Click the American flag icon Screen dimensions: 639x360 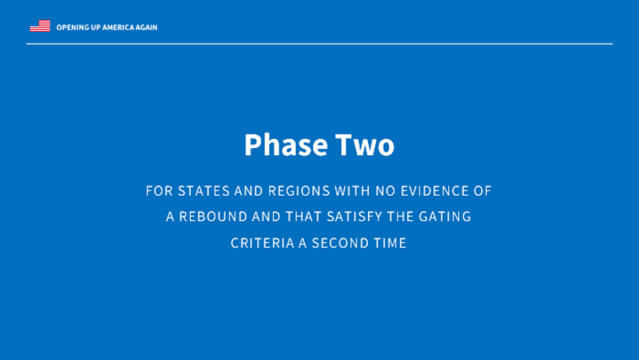tap(40, 26)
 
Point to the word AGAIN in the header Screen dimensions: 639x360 tap(147, 27)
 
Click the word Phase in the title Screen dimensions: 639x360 tap(286, 145)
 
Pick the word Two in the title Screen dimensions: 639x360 tap(365, 145)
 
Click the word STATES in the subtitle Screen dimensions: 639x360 tap(204, 191)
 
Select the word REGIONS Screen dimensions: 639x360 tap(299, 191)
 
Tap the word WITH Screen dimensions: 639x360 tap(352, 191)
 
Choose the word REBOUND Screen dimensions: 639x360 tap(213, 217)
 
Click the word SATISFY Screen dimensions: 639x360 tap(354, 217)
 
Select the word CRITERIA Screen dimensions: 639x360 tap(262, 243)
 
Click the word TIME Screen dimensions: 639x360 tap(391, 243)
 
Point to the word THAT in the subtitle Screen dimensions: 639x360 tap(304, 217)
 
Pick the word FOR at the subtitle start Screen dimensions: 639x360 tap(159, 191)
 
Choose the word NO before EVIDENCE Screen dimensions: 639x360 tap(385, 191)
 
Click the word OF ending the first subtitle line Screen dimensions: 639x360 tap(482, 191)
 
